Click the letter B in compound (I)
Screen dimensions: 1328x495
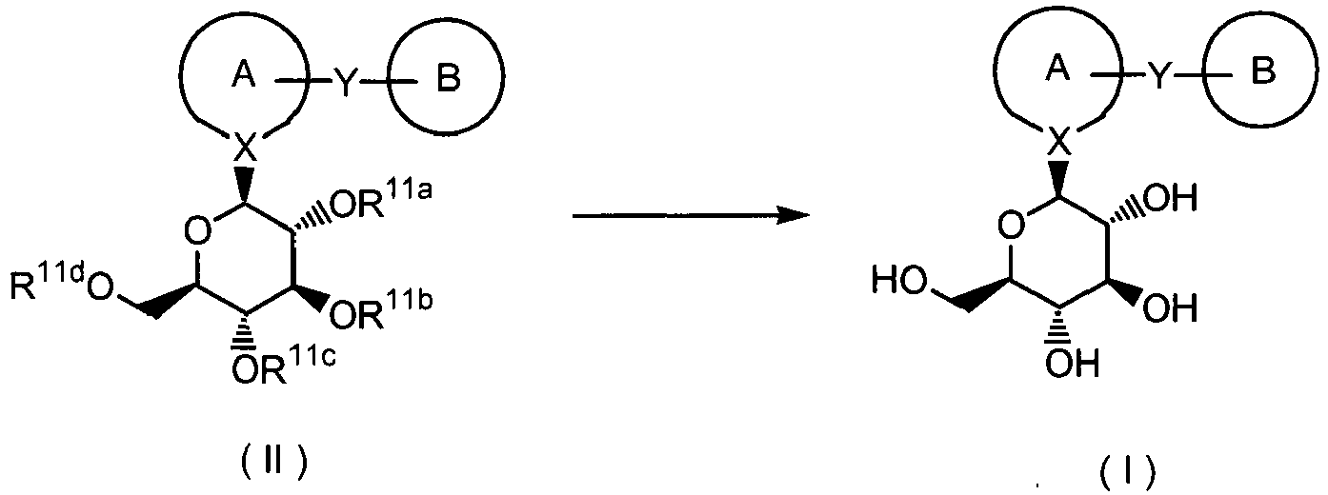click(x=1263, y=75)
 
